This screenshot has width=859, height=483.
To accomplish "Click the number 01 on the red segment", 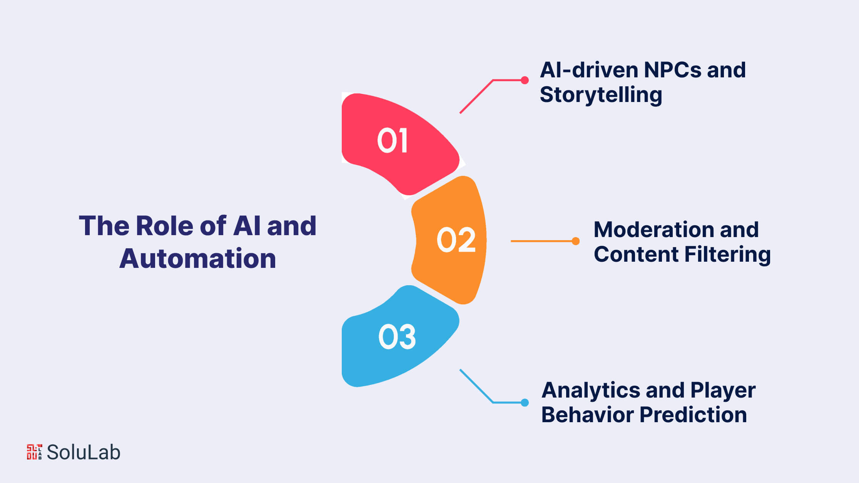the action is tap(392, 140).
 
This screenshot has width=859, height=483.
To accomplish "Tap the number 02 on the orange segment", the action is tap(456, 239).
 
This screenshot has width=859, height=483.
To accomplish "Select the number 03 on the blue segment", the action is tap(397, 337).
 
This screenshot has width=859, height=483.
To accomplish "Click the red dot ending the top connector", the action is tap(525, 80).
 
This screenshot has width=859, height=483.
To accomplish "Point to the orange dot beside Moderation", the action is tap(576, 241).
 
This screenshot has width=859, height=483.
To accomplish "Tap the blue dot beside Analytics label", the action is tap(525, 403).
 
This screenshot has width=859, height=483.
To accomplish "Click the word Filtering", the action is tap(728, 255).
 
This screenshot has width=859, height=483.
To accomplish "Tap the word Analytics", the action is tap(591, 391).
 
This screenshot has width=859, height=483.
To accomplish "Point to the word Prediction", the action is tap(693, 415).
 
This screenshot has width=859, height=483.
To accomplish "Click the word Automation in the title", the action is tap(198, 258).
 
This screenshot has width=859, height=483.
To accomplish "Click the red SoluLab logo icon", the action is tap(34, 452).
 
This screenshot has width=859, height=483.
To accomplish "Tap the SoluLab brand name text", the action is tap(84, 452).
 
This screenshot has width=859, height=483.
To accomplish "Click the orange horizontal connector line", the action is tap(543, 241).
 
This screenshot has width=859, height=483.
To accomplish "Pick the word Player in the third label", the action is tap(723, 391).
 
